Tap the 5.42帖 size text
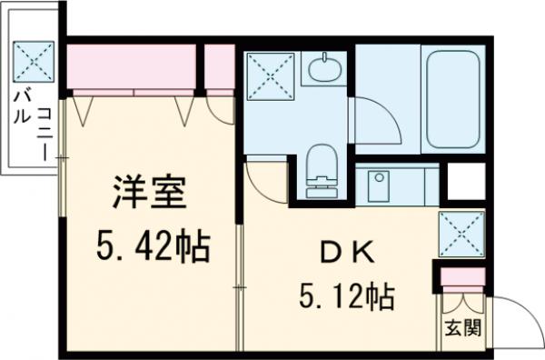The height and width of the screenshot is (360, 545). point(153,245)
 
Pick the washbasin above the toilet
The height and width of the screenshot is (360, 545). point(321,68)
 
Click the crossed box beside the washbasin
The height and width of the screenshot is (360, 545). point(269,75)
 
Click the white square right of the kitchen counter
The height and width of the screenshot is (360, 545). point(466,182)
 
